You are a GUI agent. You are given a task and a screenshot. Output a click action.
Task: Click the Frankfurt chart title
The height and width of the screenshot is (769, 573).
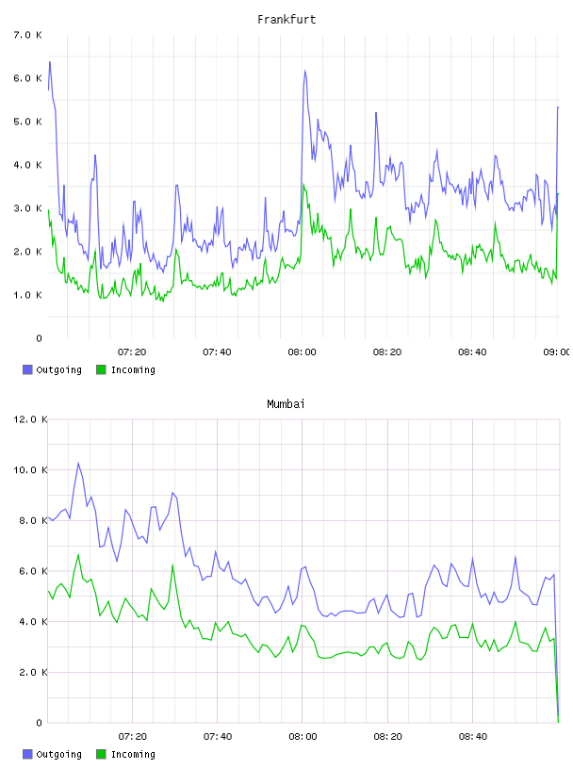point(286,20)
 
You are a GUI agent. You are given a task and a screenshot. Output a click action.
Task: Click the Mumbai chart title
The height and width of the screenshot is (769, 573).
point(286,404)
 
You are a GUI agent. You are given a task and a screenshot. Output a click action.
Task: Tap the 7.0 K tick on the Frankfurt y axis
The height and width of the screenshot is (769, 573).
point(28,35)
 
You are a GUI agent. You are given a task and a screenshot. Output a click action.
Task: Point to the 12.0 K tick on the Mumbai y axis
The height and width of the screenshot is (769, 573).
point(30,419)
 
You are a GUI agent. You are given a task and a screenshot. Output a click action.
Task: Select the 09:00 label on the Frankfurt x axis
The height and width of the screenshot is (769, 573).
point(556,352)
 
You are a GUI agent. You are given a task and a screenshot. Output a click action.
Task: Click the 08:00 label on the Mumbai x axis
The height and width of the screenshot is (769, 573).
point(303,737)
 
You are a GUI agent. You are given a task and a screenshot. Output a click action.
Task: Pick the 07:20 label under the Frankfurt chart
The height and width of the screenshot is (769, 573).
point(132,352)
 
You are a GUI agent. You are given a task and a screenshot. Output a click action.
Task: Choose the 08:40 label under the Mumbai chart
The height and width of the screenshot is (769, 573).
point(473,737)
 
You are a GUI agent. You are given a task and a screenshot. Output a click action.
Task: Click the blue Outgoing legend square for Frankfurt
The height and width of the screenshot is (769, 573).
point(27,369)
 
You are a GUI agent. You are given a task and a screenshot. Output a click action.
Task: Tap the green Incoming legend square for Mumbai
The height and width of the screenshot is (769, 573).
point(101,754)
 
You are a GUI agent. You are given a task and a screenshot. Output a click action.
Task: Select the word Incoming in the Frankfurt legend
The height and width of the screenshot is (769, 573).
point(133,370)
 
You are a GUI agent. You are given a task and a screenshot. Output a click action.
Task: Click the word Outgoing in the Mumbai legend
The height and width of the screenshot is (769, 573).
point(58,755)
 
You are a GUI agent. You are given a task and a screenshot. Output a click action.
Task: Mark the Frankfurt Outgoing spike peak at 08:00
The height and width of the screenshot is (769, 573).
point(304,71)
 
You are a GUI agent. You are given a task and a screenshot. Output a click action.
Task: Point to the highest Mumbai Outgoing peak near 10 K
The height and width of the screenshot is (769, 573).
point(78,463)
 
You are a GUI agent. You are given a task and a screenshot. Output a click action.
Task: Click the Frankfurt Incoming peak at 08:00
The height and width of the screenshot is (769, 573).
point(303,185)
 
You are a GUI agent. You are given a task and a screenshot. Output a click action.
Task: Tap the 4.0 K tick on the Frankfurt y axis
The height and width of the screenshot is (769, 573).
point(28,165)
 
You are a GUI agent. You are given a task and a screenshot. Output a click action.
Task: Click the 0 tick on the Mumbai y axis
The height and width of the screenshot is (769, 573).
point(40,723)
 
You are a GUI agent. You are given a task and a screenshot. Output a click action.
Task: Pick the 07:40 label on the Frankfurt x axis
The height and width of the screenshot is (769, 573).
point(217,352)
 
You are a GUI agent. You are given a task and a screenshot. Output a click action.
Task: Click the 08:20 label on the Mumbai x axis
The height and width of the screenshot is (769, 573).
point(387,737)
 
